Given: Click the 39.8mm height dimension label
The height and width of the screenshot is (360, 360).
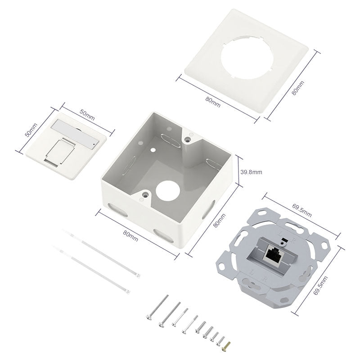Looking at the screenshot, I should point(251,172).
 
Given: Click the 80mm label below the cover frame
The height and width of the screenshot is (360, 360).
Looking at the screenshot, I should point(212,102).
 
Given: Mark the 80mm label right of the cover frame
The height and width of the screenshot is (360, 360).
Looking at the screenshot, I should point(297,87).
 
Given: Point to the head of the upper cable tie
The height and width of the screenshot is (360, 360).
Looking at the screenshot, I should point(138,275).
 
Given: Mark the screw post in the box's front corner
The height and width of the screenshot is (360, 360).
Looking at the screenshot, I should point(146,195).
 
